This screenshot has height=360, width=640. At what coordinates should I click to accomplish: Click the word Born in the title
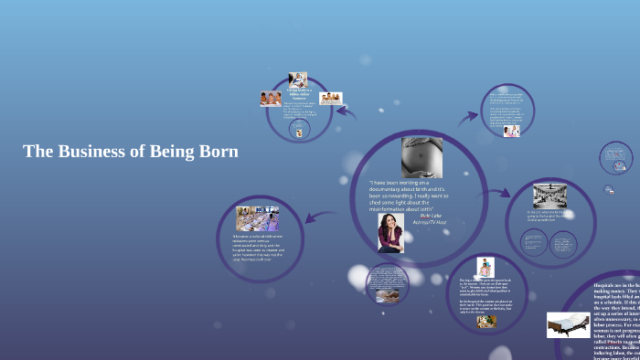[219, 152]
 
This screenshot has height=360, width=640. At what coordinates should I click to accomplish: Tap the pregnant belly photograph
[421, 156]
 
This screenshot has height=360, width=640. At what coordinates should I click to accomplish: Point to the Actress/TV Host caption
[432, 222]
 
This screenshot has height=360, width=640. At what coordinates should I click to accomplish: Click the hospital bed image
[568, 324]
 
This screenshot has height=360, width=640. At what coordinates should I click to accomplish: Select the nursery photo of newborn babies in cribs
[257, 218]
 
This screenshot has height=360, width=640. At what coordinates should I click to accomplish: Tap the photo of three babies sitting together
[271, 99]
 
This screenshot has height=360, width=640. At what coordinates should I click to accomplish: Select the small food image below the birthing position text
[486, 321]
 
